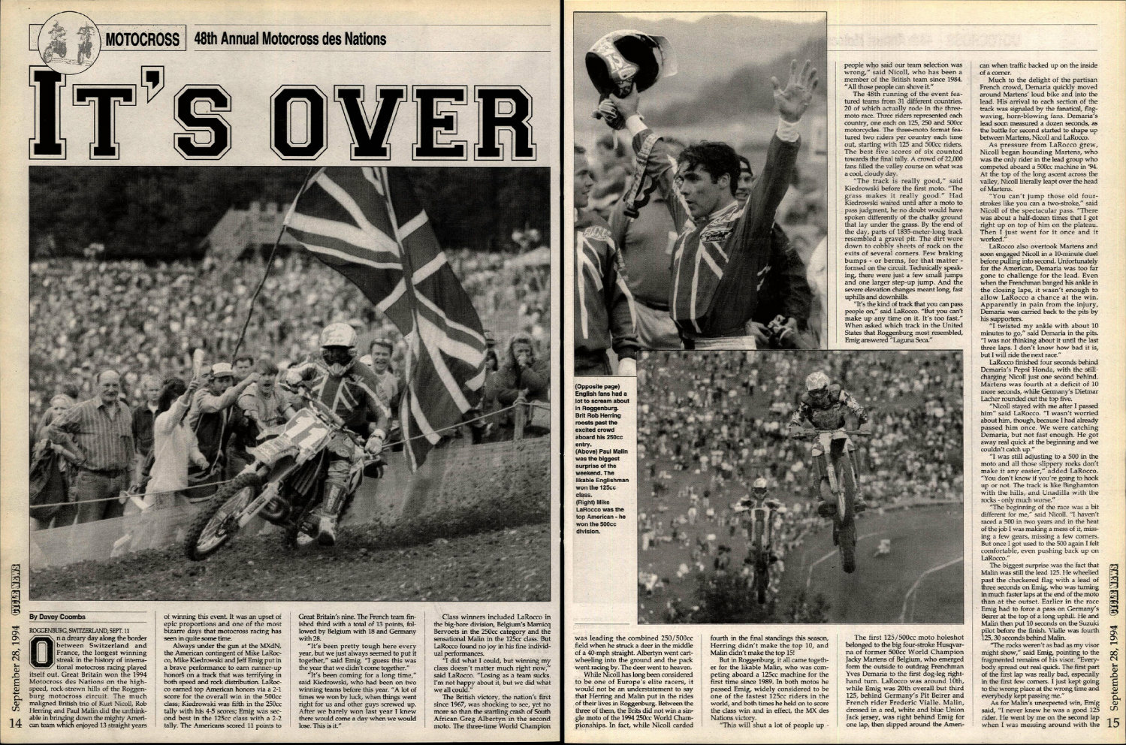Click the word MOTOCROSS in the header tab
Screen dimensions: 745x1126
pos(142,39)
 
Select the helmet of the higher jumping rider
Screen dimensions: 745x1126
pos(817,383)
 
